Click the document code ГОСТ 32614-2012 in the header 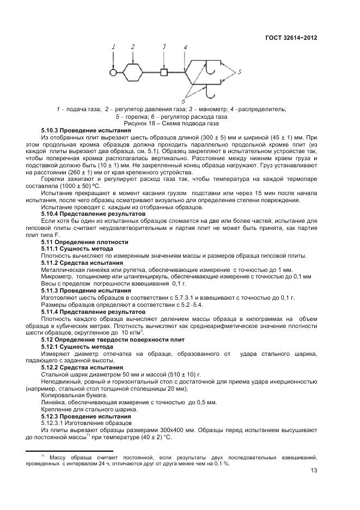[x=291, y=38]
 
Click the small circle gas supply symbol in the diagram [x=113, y=71]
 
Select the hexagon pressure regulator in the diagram [x=133, y=71]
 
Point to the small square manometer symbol [x=164, y=71]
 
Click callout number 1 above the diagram [x=114, y=47]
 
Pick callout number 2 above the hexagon [x=133, y=47]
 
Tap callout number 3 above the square [x=164, y=47]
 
